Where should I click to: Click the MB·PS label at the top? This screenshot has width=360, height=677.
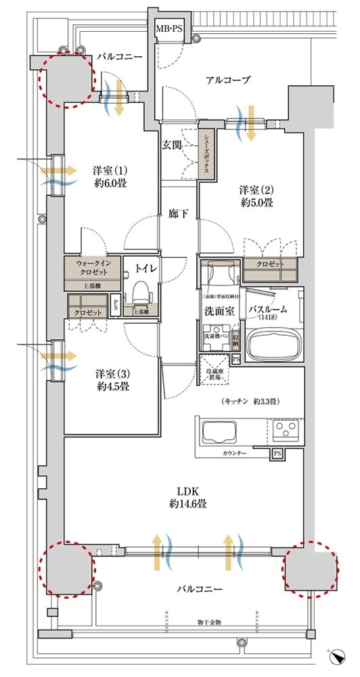click(168, 29)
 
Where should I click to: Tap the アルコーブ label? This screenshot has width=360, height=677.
click(227, 80)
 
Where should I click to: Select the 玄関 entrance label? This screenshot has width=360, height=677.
click(172, 144)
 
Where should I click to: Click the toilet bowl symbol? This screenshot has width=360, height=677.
click(141, 292)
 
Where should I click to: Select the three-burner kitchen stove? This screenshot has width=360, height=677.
click(288, 431)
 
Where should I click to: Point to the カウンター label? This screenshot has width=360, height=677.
click(233, 452)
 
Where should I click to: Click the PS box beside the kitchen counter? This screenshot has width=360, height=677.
click(277, 454)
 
